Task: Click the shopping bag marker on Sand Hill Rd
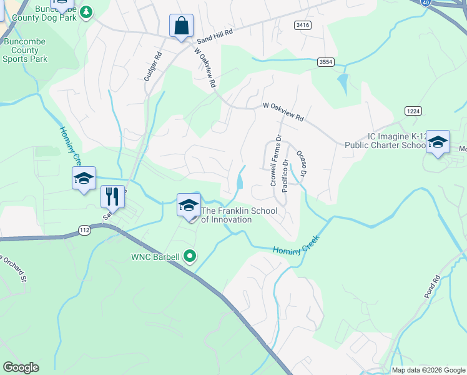click(x=182, y=27)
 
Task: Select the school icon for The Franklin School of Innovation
click(x=189, y=205)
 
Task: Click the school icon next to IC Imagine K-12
click(x=438, y=141)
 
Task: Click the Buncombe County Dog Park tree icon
click(x=87, y=12)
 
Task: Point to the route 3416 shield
click(x=303, y=24)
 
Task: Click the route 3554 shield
click(x=325, y=62)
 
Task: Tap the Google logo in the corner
click(x=21, y=367)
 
